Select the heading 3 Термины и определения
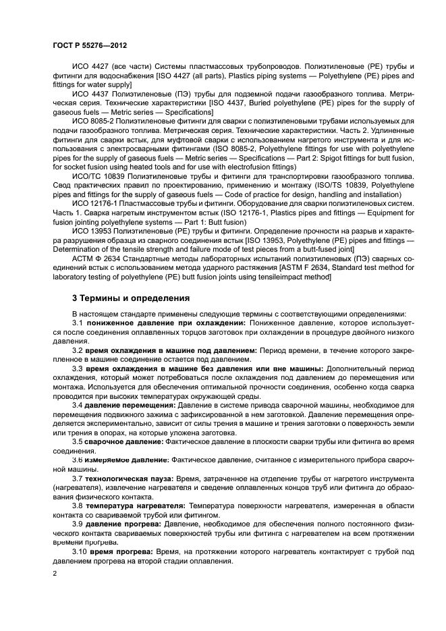click(121, 297)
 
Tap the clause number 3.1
click(78, 324)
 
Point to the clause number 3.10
click(80, 551)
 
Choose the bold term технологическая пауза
click(128, 478)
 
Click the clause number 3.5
click(78, 441)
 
